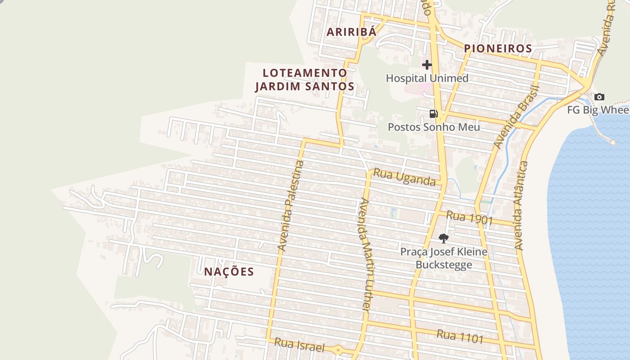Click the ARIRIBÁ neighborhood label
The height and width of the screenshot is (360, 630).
coord(351,32)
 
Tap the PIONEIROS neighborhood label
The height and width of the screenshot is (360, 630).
coord(498,48)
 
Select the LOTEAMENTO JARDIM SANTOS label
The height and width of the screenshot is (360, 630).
coord(305,80)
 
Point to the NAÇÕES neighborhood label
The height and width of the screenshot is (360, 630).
coord(229,272)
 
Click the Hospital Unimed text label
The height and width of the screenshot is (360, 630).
coord(427,78)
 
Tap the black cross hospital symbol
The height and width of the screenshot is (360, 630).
coord(427,65)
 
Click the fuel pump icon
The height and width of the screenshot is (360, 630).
coord(433,113)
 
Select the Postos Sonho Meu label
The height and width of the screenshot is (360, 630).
coord(434,127)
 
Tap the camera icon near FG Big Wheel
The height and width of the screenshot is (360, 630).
coord(599,97)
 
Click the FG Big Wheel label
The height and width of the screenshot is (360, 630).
coord(598,110)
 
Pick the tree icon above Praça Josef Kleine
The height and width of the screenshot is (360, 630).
coord(444,238)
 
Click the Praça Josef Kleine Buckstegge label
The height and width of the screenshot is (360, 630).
coord(444,258)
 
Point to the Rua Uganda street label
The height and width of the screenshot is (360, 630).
coord(405,177)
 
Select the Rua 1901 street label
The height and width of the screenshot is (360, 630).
coord(470,218)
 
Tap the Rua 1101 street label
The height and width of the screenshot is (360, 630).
coord(460,336)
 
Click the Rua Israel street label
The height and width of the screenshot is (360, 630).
coord(299,346)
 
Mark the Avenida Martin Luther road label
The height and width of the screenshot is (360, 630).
coord(364,254)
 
